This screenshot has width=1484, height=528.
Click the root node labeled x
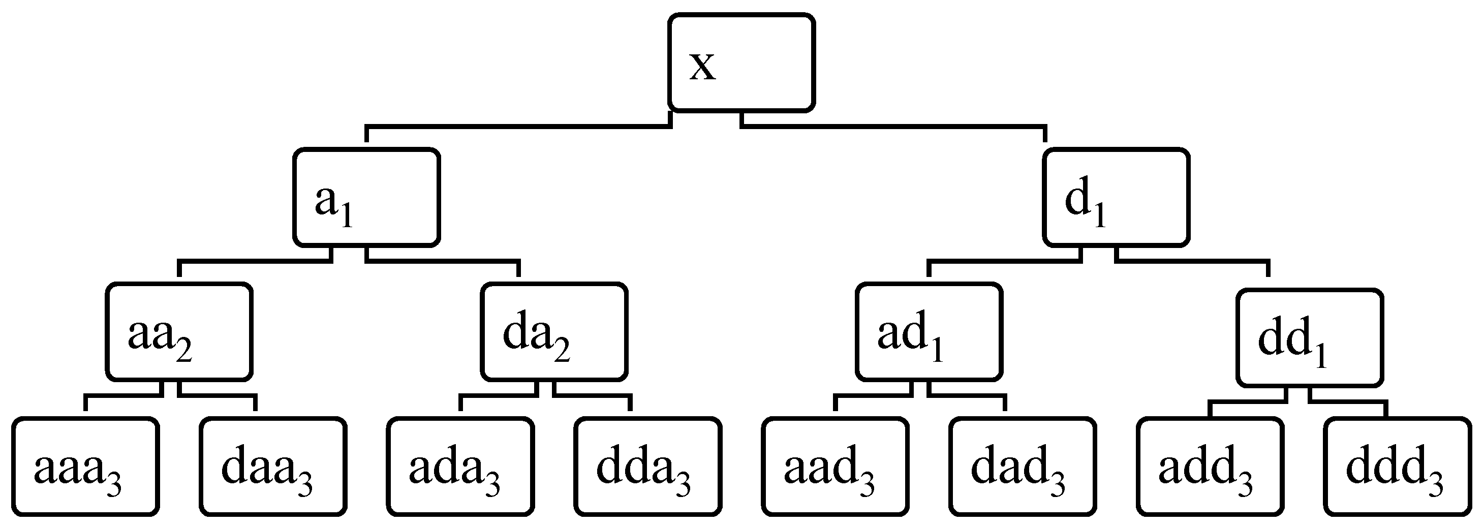(x=741, y=62)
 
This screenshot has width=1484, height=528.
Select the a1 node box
(x=367, y=198)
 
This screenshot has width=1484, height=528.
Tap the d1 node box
(x=1117, y=198)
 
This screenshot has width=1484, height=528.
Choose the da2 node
(x=554, y=332)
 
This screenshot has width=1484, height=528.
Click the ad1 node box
(x=929, y=332)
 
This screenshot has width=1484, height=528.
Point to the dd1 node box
(x=1310, y=337)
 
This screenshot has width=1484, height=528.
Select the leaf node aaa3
(x=86, y=466)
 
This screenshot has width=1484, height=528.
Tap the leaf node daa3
(x=273, y=466)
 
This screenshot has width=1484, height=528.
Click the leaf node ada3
(x=460, y=466)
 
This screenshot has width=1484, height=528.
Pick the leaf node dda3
(x=648, y=466)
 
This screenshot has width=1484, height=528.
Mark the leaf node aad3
(x=836, y=466)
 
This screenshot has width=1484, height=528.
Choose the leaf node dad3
(x=1023, y=466)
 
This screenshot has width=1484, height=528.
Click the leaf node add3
(x=1211, y=466)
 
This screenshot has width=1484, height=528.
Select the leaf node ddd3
(x=1398, y=466)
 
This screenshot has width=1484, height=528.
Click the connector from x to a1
(x=518, y=126)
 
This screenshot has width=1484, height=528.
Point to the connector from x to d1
(x=893, y=126)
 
